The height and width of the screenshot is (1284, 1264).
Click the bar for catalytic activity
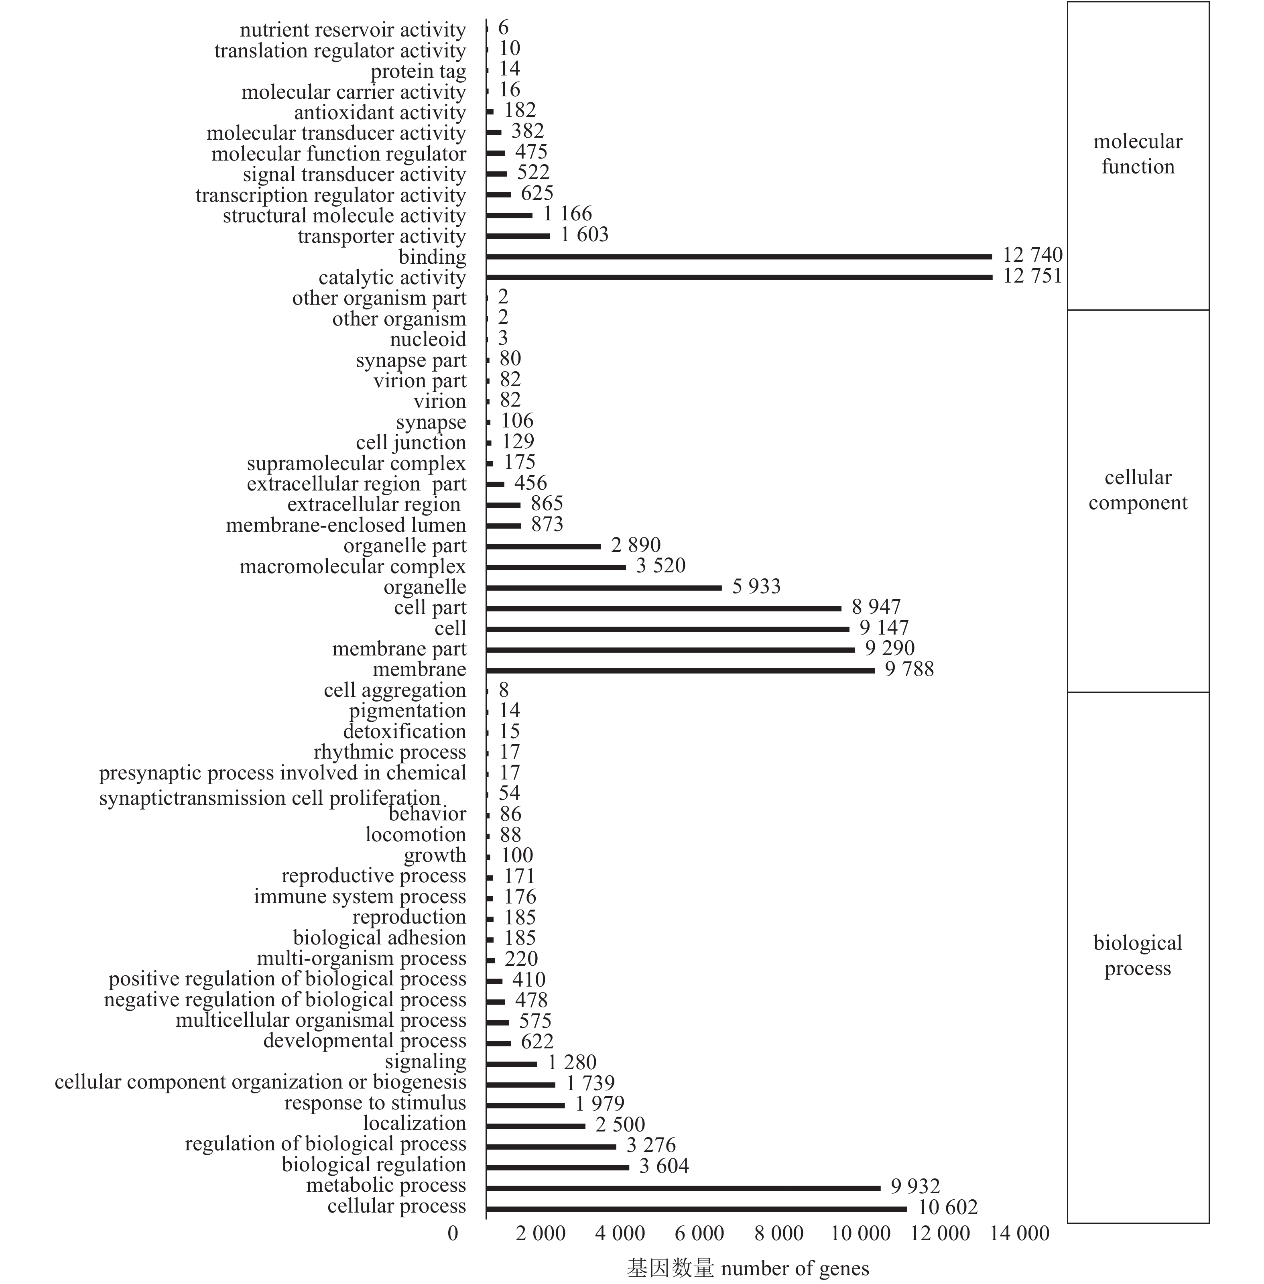click(739, 277)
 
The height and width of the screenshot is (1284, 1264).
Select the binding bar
click(738, 257)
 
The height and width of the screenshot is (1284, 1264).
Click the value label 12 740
click(1032, 255)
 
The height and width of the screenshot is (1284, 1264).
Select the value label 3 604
click(664, 1166)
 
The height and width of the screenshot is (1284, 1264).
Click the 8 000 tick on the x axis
click(779, 1233)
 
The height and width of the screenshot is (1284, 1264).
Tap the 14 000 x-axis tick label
click(1019, 1233)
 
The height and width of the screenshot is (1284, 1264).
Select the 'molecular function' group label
click(1138, 154)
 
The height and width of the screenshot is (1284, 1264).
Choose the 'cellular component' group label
click(1138, 490)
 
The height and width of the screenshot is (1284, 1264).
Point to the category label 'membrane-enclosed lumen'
click(346, 525)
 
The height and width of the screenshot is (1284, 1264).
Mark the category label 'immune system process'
click(360, 897)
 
